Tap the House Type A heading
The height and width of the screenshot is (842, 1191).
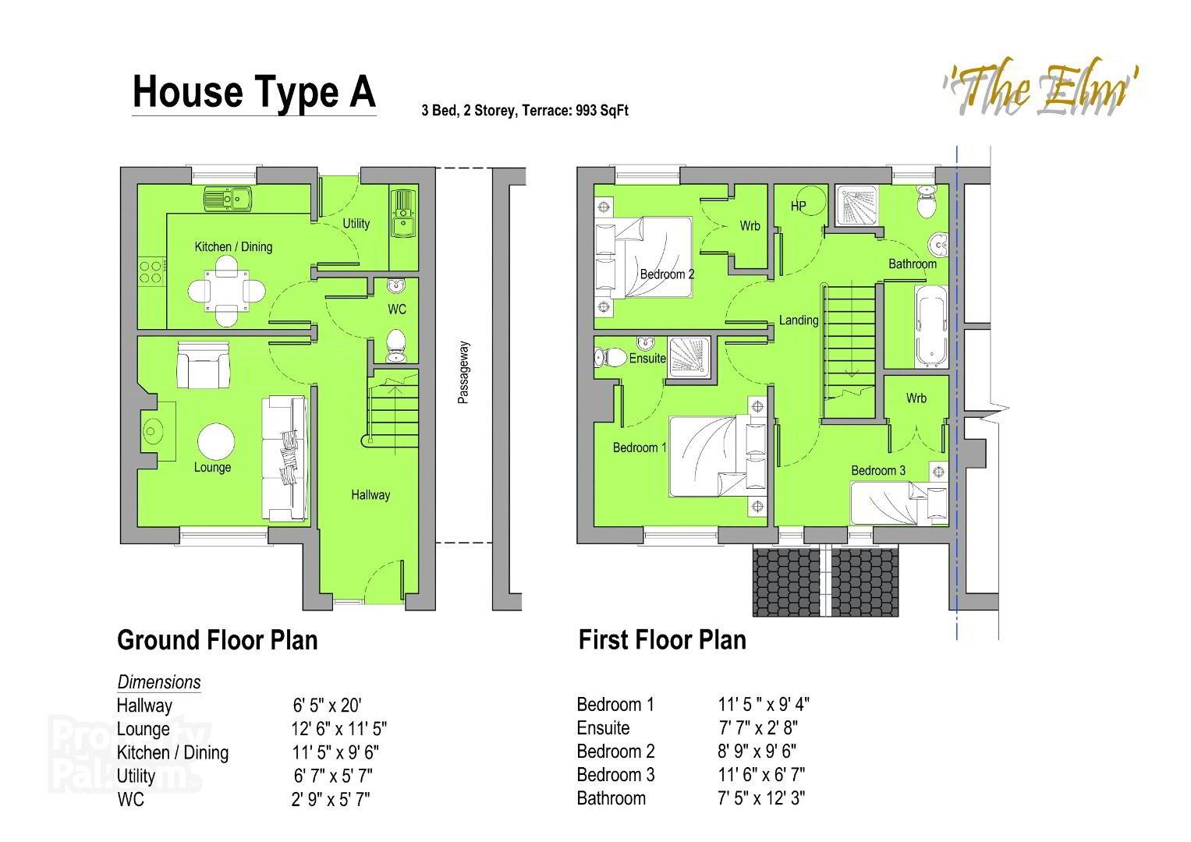click(253, 92)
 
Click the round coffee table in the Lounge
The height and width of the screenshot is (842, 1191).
click(215, 443)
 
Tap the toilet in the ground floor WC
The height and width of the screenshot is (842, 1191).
click(396, 345)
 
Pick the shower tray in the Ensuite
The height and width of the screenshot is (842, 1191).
click(689, 358)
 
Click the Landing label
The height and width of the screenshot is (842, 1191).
click(799, 320)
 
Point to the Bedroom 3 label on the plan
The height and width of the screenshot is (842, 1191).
click(878, 470)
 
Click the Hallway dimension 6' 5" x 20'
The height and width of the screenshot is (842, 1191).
click(327, 706)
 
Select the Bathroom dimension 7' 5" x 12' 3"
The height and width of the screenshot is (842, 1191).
click(761, 798)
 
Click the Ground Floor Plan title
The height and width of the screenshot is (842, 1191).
click(217, 640)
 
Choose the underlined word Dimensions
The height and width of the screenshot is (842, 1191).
click(159, 682)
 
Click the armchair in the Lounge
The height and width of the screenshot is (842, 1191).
click(204, 365)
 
